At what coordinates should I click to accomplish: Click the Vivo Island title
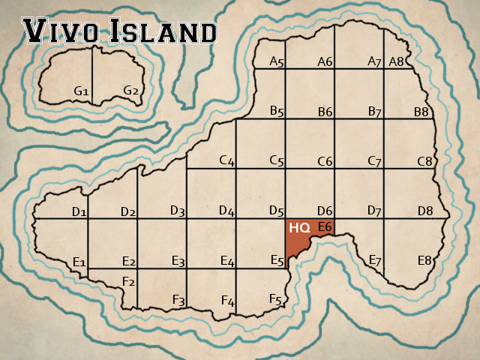121,31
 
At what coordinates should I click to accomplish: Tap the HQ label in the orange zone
300,227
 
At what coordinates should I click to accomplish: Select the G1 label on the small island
82,91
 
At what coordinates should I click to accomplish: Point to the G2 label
131,91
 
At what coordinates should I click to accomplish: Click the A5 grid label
277,62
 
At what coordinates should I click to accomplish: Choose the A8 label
397,61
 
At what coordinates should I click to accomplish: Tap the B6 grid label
325,112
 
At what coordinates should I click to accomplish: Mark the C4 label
227,161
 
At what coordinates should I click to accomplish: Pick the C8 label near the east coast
425,161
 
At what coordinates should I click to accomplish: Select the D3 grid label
178,211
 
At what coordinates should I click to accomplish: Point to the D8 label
426,211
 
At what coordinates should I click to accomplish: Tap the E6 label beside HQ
325,226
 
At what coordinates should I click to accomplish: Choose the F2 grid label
129,282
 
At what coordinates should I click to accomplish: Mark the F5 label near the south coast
276,300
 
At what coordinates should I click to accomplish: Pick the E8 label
425,261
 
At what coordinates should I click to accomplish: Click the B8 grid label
421,112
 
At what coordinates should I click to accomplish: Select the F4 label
228,301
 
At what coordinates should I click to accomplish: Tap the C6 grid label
325,161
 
